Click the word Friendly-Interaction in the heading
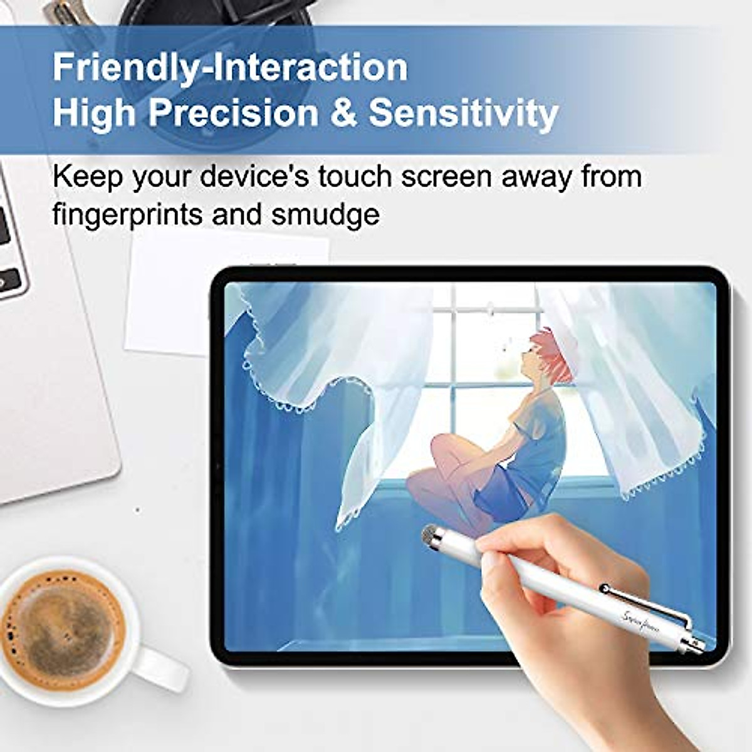coord(230,67)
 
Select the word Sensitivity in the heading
coord(463,113)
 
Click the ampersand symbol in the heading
coord(343,113)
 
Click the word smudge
coord(325,215)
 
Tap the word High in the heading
coord(93,113)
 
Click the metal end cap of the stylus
coord(697,645)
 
